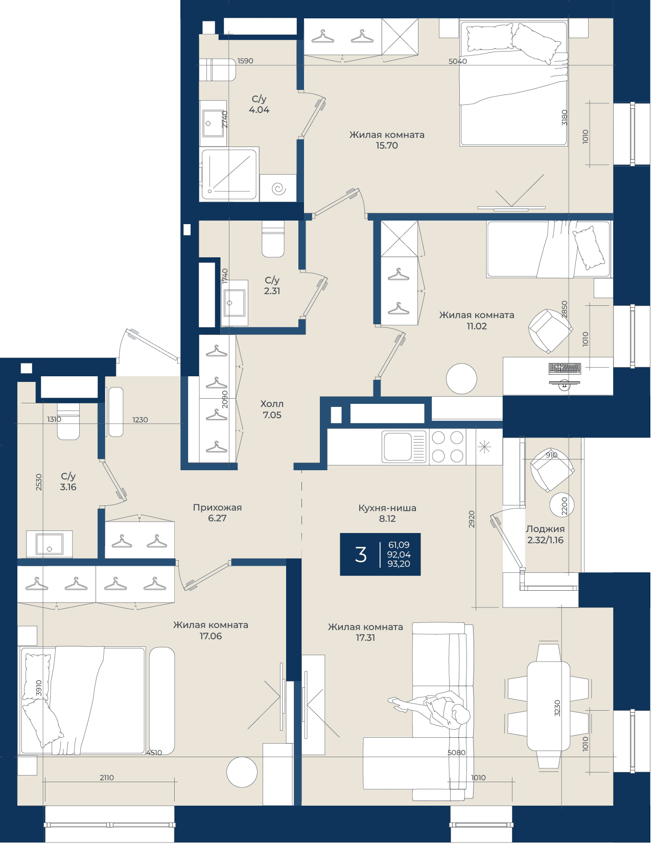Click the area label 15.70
386,146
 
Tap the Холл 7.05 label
272,409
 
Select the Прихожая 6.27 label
217,513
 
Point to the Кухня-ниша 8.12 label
387,513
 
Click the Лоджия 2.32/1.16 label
545,535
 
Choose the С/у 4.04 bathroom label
259,104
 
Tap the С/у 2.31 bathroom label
272,285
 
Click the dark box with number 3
380,554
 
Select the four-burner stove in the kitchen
448,447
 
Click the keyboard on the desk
565,368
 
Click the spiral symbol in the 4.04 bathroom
278,189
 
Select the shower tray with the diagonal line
229,174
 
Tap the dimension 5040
458,61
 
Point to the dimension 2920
472,519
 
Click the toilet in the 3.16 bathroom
68,421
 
